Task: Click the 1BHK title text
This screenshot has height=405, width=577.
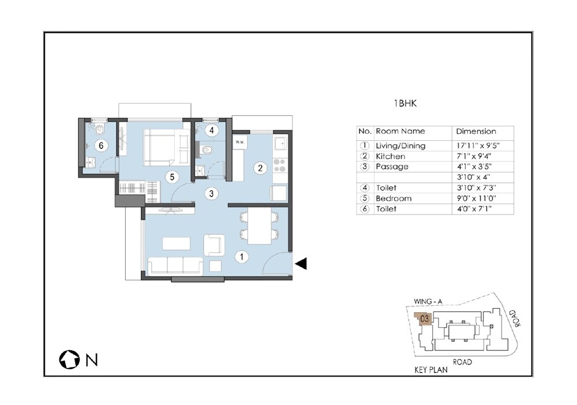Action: (406, 104)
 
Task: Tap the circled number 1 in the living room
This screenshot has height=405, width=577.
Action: (242, 255)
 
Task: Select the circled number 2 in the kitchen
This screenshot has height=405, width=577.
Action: (260, 168)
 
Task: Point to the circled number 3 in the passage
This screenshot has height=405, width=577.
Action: (212, 194)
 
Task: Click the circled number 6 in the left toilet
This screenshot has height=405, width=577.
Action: (101, 145)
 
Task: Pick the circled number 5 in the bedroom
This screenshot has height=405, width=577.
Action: (171, 177)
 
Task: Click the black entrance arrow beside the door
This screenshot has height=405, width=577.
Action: (301, 264)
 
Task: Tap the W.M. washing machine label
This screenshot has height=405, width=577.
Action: (239, 142)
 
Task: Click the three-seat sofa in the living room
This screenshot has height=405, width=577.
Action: (175, 265)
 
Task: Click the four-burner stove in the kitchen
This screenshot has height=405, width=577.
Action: (279, 166)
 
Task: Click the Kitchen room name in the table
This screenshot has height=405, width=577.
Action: (391, 156)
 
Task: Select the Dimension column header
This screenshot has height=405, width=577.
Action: (475, 131)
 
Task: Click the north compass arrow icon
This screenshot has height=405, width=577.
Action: (69, 360)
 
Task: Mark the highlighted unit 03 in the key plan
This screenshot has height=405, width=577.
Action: (425, 318)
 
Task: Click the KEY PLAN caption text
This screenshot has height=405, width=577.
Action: (430, 369)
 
